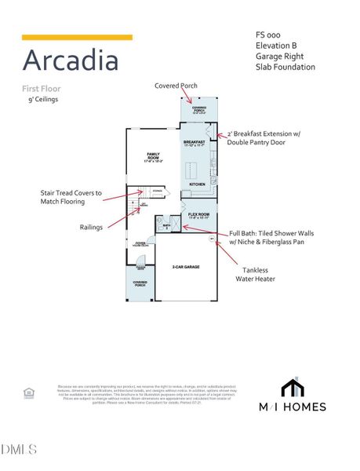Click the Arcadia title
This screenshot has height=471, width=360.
pyautogui.click(x=70, y=60)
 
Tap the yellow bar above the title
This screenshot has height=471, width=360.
pyautogui.click(x=77, y=37)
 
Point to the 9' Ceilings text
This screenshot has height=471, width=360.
pyautogui.click(x=43, y=100)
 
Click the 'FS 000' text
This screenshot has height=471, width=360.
pyautogui.click(x=267, y=35)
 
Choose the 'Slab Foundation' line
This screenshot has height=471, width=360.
pyautogui.click(x=285, y=67)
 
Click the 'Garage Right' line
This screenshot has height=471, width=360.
pyautogui.click(x=279, y=57)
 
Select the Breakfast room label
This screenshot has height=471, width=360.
pyautogui.click(x=194, y=143)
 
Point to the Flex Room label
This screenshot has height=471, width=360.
pyautogui.click(x=198, y=214)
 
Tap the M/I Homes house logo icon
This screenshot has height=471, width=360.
pyautogui.click(x=293, y=389)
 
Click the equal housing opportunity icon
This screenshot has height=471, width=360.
pyautogui.click(x=29, y=392)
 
